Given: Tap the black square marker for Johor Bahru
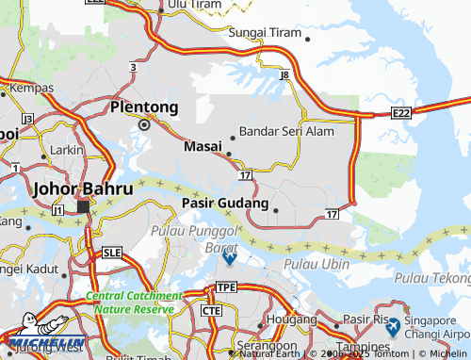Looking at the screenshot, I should point(83,205).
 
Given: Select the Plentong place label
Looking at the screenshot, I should point(144,107).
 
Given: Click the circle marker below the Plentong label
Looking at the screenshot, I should point(144,123).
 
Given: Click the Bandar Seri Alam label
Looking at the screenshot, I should point(286,132).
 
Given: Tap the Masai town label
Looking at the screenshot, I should point(203,147).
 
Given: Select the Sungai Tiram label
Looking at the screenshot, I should point(266,32).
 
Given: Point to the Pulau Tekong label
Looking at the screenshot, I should point(433,277).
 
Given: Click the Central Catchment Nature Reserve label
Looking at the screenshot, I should point(130,302).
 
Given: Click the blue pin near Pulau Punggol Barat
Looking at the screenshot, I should point(229,256).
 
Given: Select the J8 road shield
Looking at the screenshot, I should point(284,73).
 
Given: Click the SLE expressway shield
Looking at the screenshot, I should point(113,253).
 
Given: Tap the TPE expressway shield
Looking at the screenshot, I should point(226,286).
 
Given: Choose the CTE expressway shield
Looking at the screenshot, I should point(211,310).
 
